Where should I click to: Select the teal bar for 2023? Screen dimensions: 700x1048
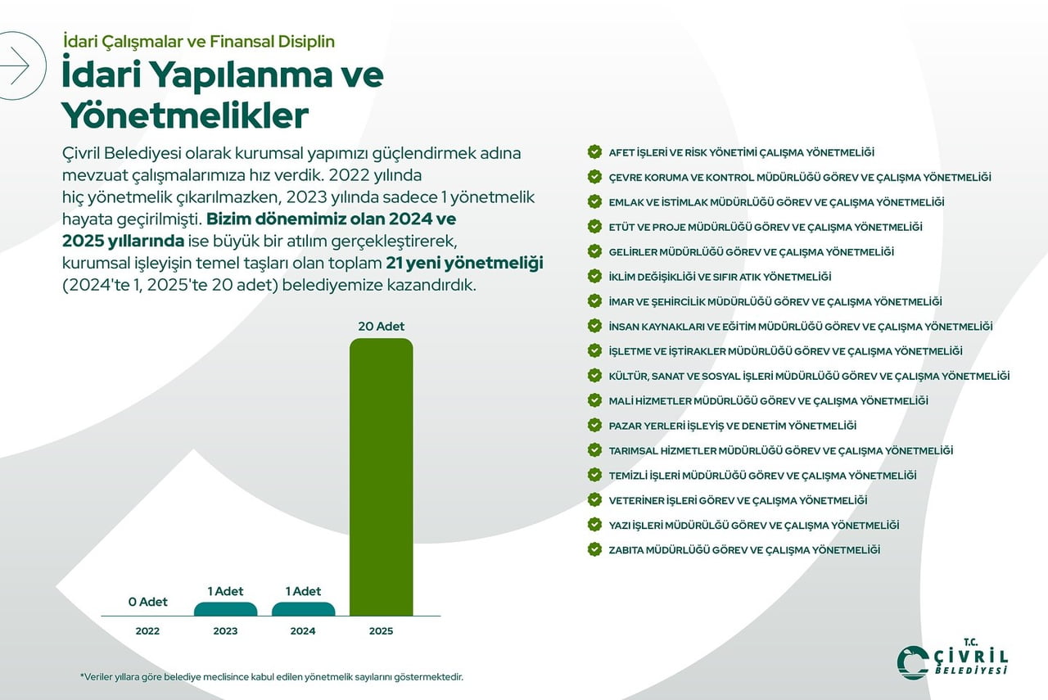pyautogui.click(x=225, y=609)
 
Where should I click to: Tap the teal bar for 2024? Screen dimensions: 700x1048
pyautogui.click(x=303, y=609)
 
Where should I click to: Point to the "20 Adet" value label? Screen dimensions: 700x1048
pyautogui.click(x=381, y=327)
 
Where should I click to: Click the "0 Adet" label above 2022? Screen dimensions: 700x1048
pyautogui.click(x=147, y=602)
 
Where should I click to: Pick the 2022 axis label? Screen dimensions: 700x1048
pyautogui.click(x=147, y=631)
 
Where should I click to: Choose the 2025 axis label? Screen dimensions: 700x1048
pyautogui.click(x=381, y=631)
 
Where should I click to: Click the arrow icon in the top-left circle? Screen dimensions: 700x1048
pyautogui.click(x=15, y=65)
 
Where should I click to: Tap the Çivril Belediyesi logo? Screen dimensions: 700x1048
pyautogui.click(x=952, y=658)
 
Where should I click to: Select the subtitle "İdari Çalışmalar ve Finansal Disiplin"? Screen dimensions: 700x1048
pyautogui.click(x=199, y=41)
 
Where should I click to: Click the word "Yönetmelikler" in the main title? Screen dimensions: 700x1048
pyautogui.click(x=185, y=115)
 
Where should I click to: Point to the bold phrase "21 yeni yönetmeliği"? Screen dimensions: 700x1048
pyautogui.click(x=464, y=263)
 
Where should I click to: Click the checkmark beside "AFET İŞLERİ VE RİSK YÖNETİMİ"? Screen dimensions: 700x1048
pyautogui.click(x=594, y=152)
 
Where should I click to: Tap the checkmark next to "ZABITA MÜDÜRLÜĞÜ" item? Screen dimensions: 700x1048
pyautogui.click(x=594, y=549)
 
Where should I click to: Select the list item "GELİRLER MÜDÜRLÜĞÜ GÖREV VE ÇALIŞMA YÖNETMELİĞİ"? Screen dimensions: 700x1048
pyautogui.click(x=751, y=252)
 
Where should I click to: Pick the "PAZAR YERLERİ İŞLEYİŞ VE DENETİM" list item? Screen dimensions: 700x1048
pyautogui.click(x=732, y=426)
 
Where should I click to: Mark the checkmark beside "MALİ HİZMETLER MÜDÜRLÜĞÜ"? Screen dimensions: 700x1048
pyautogui.click(x=594, y=400)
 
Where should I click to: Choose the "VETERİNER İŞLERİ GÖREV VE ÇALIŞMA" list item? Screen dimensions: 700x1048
pyautogui.click(x=738, y=500)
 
